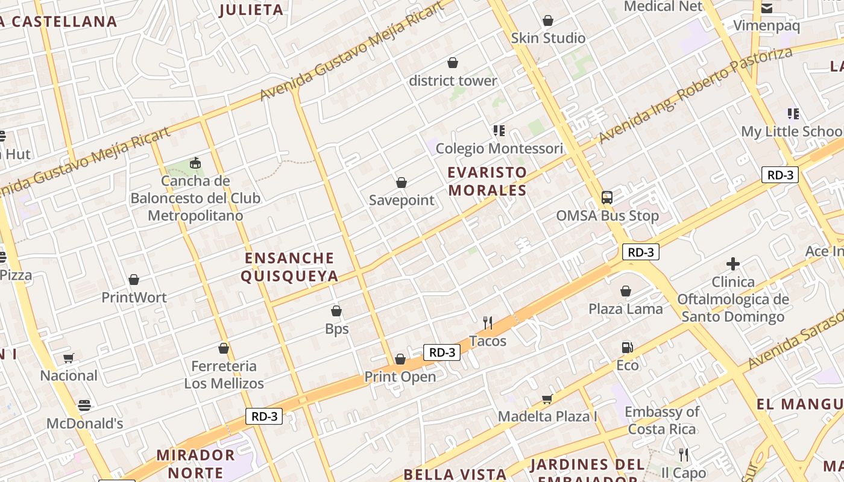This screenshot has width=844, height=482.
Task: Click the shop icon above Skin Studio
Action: (547, 20)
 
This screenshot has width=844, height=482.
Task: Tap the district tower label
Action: (453, 81)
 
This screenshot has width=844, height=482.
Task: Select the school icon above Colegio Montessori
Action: (499, 130)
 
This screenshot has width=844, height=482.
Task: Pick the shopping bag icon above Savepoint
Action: (401, 183)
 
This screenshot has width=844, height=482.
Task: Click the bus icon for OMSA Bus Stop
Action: (606, 198)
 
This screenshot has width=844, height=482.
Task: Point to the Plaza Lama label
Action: (625, 309)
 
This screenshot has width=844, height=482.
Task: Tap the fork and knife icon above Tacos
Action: (488, 324)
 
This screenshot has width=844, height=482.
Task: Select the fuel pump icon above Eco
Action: (627, 348)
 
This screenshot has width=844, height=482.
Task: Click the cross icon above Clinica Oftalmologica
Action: (732, 264)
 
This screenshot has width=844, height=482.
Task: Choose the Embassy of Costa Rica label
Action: (662, 421)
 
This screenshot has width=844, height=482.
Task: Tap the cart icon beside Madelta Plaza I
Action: (547, 399)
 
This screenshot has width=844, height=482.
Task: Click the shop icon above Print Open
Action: (400, 360)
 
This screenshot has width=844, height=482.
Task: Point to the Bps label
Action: (336, 329)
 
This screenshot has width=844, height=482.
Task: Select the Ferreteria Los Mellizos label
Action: (224, 375)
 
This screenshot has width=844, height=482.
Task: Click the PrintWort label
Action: (134, 297)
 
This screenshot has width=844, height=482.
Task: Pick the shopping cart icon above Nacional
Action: (68, 358)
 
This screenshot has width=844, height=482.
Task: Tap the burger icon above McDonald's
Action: (84, 405)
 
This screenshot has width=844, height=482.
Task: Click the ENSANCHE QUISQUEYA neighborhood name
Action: (289, 267)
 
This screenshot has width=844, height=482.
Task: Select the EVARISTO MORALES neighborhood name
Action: (487, 181)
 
